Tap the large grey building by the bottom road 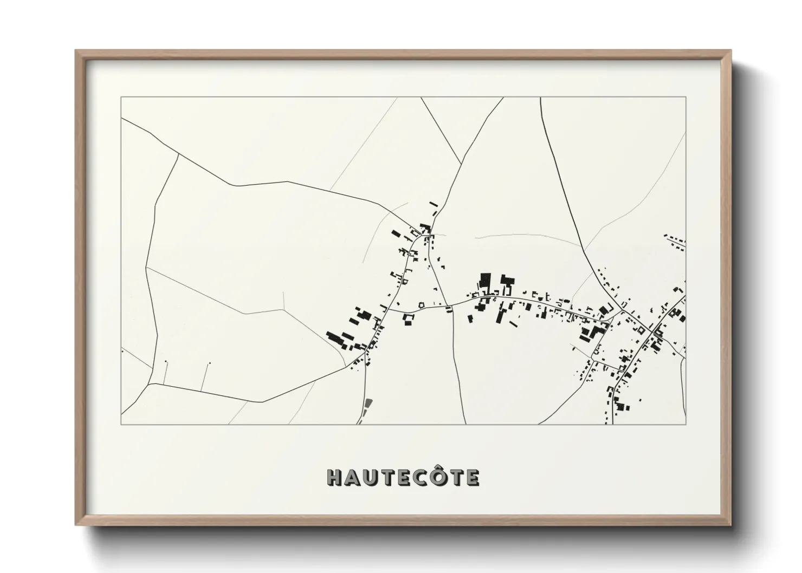(x=369, y=403)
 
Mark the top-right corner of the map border (x=685, y=97)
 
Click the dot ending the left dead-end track (x=166, y=362)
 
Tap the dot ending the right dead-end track (x=210, y=363)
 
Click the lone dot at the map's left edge (x=123, y=351)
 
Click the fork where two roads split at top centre (x=461, y=163)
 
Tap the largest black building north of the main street (x=483, y=282)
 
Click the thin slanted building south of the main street (x=513, y=324)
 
